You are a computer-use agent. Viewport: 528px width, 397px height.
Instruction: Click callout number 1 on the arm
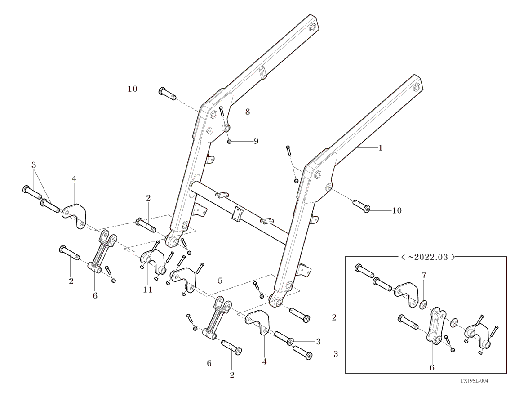pyautogui.click(x=381, y=147)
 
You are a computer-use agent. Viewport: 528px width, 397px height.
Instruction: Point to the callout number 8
pyautogui.click(x=248, y=112)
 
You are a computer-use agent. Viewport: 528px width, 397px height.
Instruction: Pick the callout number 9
pyautogui.click(x=256, y=141)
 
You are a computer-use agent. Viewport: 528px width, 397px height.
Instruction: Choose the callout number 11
pyautogui.click(x=148, y=290)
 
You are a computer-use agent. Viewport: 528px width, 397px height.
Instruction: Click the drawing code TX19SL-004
pyautogui.click(x=474, y=381)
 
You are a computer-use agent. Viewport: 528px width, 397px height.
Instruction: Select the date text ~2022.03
pyautogui.click(x=426, y=258)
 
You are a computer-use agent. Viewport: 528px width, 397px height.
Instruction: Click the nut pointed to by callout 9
pyautogui.click(x=230, y=142)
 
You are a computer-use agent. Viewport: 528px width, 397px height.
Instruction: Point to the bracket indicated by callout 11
pyautogui.click(x=153, y=263)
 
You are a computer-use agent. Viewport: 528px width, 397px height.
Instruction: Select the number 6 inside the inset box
pyautogui.click(x=432, y=367)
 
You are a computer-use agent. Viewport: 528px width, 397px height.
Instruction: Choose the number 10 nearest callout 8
pyautogui.click(x=132, y=89)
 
